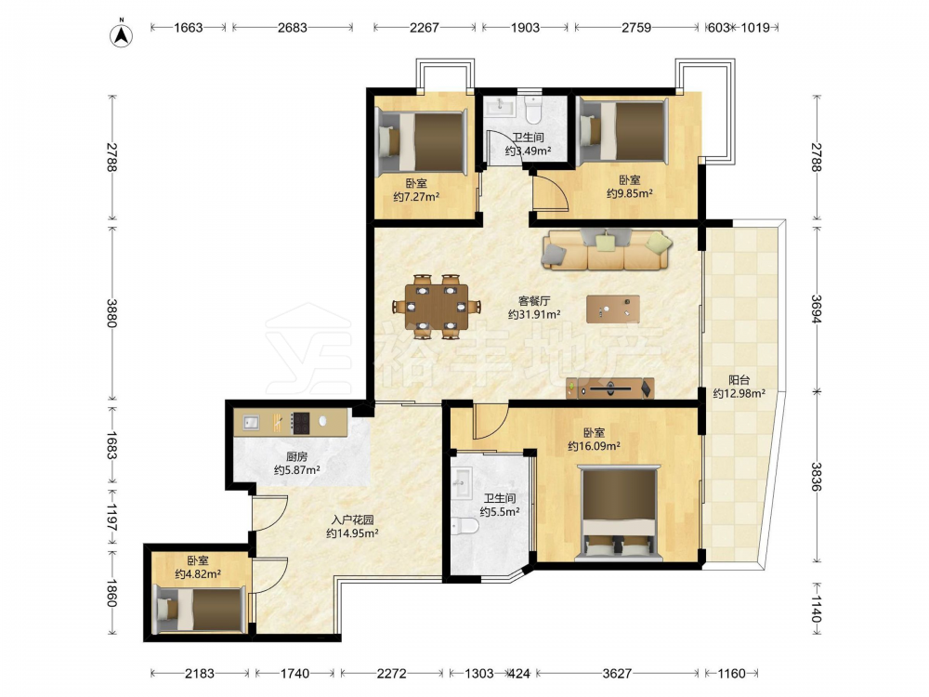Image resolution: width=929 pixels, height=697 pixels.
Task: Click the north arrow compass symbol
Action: point(122,33)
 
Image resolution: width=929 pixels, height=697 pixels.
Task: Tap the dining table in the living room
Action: point(437,307)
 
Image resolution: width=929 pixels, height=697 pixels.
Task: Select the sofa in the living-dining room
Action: point(606,249)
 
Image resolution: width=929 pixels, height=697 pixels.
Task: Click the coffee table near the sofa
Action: point(612,309)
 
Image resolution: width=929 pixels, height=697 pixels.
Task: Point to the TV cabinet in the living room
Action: point(610,388)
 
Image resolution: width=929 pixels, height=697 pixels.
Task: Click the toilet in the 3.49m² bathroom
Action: point(534,109)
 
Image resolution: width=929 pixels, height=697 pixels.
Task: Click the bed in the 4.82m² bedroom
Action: point(199,609)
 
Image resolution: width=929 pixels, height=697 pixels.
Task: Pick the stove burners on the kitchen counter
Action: point(300,422)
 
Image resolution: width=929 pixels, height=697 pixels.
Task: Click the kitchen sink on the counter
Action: point(252,423)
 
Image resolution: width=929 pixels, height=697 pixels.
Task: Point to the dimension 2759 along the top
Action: point(636,27)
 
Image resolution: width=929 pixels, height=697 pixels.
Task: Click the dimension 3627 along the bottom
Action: point(617,673)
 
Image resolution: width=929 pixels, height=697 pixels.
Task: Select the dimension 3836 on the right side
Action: point(817,477)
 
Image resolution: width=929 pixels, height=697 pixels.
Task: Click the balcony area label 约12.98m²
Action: point(739,393)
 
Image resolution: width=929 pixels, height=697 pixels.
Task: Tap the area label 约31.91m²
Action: point(534,315)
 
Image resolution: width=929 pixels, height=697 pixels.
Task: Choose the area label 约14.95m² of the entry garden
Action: point(352,533)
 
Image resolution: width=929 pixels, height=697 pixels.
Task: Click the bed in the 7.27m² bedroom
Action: point(421,143)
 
